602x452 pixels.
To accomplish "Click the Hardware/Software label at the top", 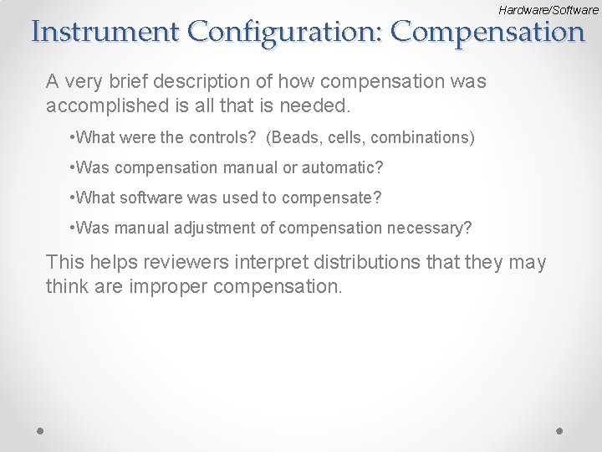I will (x=548, y=10).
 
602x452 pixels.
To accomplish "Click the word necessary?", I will (x=427, y=228).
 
